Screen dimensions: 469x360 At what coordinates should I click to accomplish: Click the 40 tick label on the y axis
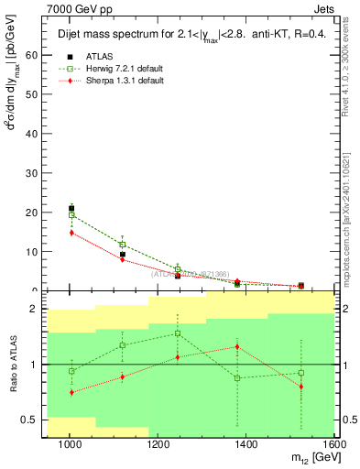[x=32, y=134]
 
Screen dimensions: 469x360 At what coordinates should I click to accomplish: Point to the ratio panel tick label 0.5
[x=28, y=420]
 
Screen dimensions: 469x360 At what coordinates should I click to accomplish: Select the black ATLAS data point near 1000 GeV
[x=71, y=209]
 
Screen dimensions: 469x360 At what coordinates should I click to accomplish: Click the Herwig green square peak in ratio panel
[x=178, y=333]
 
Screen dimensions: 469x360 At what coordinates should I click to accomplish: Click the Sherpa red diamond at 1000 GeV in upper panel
[x=71, y=233]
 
